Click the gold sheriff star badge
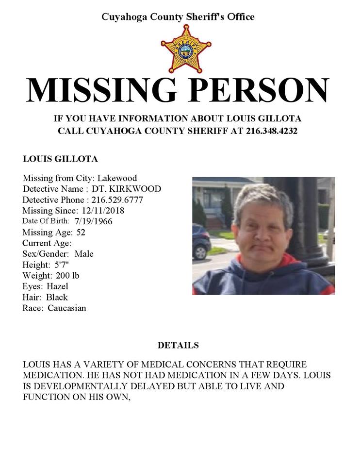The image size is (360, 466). tap(186, 49)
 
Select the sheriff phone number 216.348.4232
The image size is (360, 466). tap(272, 131)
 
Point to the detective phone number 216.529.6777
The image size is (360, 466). tap(117, 200)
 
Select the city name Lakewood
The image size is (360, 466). tap(117, 178)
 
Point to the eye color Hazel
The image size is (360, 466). tap(57, 286)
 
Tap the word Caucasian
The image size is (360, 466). tap(67, 308)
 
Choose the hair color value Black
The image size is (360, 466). tap(57, 297)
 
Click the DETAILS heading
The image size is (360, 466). tap(178, 346)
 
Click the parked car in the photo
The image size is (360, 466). tap(201, 241)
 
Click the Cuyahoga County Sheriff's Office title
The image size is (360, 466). tap(178, 17)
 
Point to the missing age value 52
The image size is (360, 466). tap(81, 232)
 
